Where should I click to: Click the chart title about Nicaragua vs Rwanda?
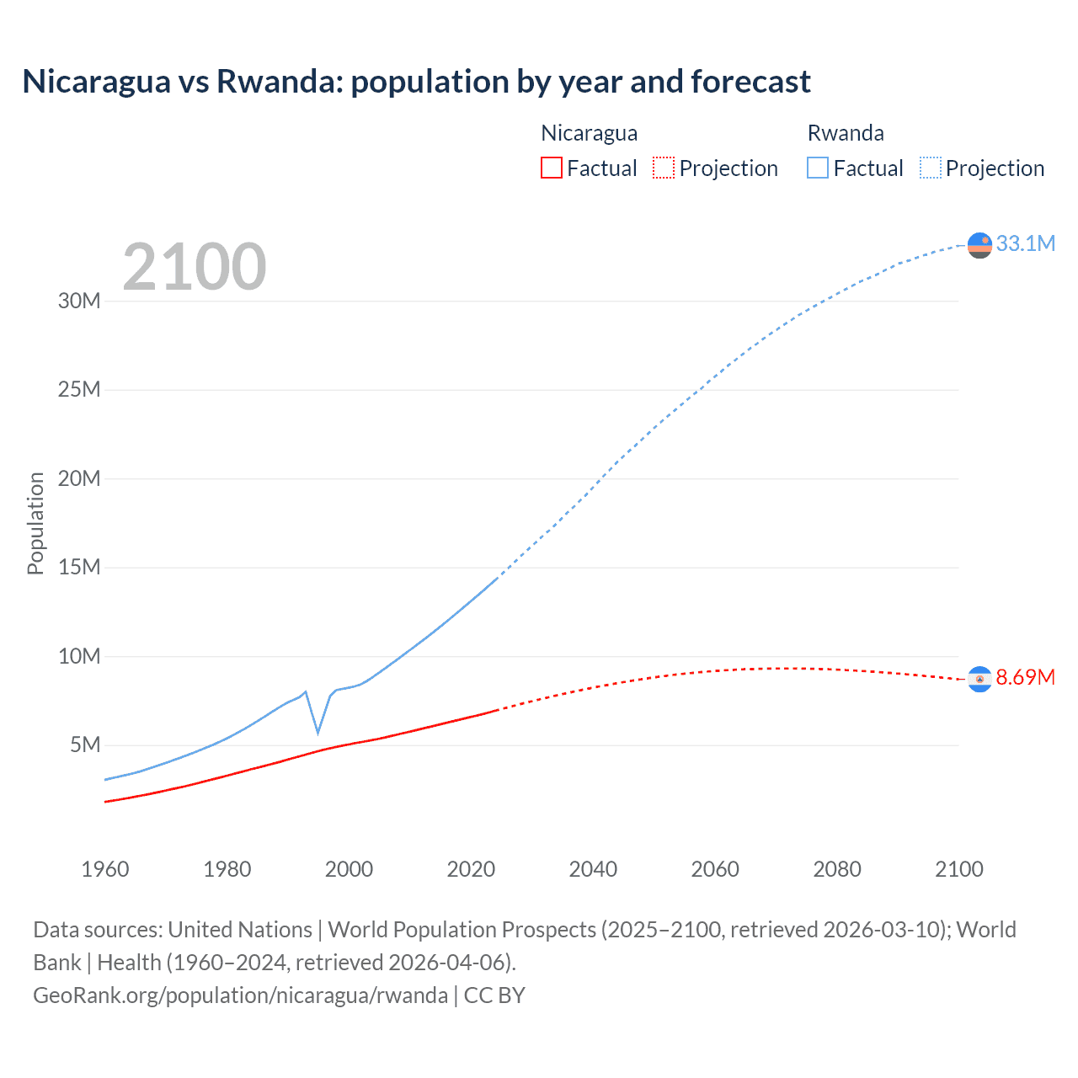pos(416,82)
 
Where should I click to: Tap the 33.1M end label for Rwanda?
pos(1025,243)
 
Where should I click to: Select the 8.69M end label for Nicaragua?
pos(1025,677)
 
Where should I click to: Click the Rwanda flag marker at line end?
pos(979,245)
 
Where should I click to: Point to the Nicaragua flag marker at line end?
pos(979,680)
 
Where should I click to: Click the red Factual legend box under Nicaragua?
pos(551,168)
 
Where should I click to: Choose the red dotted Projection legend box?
pos(664,168)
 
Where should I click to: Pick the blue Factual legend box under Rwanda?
pos(818,168)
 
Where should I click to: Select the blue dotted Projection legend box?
pos(930,168)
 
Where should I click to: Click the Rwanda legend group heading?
pos(846,133)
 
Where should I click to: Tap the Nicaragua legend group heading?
pos(589,133)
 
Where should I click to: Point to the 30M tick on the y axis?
pos(79,301)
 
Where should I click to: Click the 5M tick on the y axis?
pos(85,744)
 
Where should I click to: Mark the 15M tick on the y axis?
pos(79,567)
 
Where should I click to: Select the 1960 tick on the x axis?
pos(105,869)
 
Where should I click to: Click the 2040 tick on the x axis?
pos(593,869)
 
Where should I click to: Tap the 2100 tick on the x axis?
pos(958,869)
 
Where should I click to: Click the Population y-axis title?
pos(35,523)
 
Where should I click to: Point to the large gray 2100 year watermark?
pos(195,267)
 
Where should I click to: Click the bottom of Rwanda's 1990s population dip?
pos(318,733)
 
